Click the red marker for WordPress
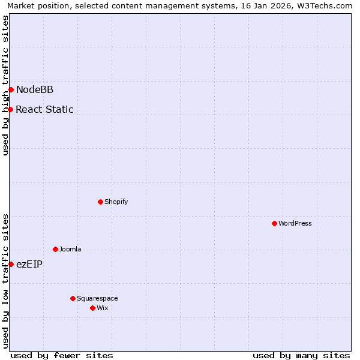(274, 223)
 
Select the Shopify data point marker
(100, 202)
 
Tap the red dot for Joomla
(55, 249)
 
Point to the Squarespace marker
(73, 298)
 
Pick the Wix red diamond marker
(92, 308)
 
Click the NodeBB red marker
(11, 90)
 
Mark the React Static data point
(11, 109)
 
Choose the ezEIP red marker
(11, 264)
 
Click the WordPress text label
(295, 223)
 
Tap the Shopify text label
(116, 202)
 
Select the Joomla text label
(70, 249)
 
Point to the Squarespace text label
(97, 298)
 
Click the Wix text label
(103, 308)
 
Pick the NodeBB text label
(35, 90)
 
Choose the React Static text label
(45, 109)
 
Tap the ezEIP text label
(29, 264)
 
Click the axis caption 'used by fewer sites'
(62, 355)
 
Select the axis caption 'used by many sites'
(301, 355)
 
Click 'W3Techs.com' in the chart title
(325, 6)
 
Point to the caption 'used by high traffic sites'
(6, 85)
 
